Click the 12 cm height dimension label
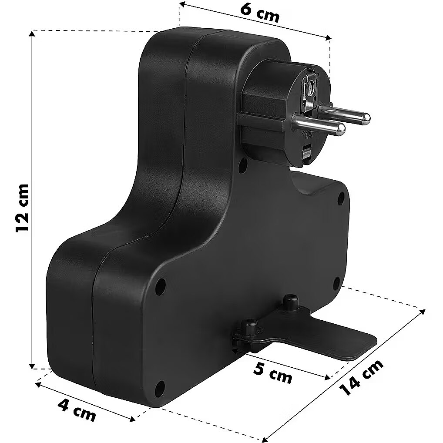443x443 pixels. [x=22, y=208]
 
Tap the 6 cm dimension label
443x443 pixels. [x=260, y=13]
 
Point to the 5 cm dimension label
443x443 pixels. [x=272, y=373]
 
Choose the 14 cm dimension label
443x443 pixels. [x=361, y=378]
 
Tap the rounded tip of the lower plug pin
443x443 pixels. [x=341, y=129]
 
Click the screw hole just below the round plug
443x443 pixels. [x=242, y=166]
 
